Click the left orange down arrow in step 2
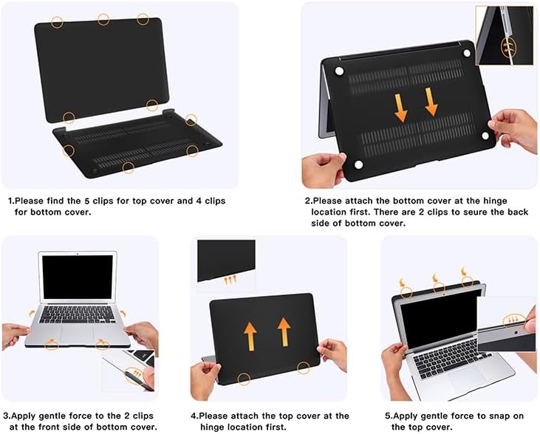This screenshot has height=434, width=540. [x=401, y=108]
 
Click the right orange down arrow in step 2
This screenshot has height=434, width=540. [x=431, y=102]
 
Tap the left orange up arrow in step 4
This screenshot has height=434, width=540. [x=250, y=337]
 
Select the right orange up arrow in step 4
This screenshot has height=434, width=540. [x=284, y=332]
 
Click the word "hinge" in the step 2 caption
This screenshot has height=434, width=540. [x=495, y=201]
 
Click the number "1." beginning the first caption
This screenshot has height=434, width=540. [x=11, y=201]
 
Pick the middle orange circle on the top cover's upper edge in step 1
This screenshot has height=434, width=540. [x=103, y=19]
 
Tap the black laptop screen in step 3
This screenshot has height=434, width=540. [x=78, y=277]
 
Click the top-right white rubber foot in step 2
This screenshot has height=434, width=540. [x=467, y=53]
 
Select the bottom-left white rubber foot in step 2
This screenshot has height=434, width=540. [x=358, y=165]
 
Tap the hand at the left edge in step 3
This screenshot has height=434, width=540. [x=15, y=334]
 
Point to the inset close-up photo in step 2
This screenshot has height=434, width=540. [x=505, y=35]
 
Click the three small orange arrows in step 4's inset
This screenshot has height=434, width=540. [x=230, y=280]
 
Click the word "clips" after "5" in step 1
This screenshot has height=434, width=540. [x=103, y=201]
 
